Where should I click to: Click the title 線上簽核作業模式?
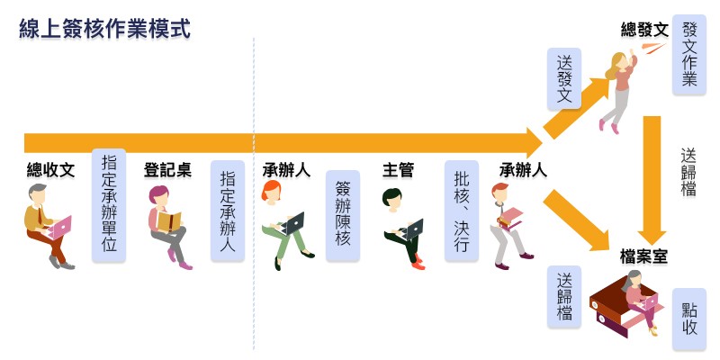[x=104, y=29]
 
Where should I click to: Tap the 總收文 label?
[x=50, y=170]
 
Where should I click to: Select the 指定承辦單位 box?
[x=109, y=205]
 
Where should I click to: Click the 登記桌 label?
[x=168, y=170]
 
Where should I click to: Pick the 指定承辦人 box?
[x=228, y=211]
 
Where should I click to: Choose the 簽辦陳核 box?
[x=343, y=216]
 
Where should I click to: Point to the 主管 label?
[x=398, y=170]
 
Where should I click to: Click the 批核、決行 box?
[x=462, y=211]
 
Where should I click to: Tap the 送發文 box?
[x=564, y=79]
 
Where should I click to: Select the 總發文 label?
[x=644, y=31]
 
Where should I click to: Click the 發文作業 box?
[x=689, y=55]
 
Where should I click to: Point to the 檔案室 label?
[x=643, y=257]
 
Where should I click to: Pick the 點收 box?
[x=689, y=319]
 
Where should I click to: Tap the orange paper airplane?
[x=654, y=48]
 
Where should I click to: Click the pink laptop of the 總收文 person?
[x=59, y=228]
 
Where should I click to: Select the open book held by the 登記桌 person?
[x=169, y=221]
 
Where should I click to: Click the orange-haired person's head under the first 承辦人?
[x=271, y=191]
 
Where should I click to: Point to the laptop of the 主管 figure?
[x=413, y=229]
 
